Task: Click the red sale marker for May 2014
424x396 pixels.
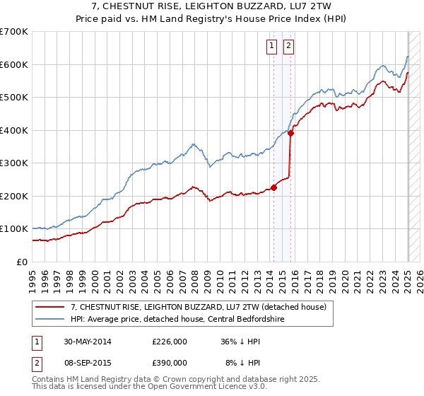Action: point(273,187)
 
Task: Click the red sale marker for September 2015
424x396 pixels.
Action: point(290,133)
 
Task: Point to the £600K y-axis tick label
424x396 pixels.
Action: point(14,64)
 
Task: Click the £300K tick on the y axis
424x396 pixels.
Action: point(14,163)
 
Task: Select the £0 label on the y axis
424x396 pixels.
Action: point(21,262)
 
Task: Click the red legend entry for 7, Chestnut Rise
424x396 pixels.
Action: point(198,307)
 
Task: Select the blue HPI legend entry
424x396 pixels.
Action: point(187,318)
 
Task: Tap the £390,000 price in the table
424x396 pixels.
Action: point(169,362)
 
